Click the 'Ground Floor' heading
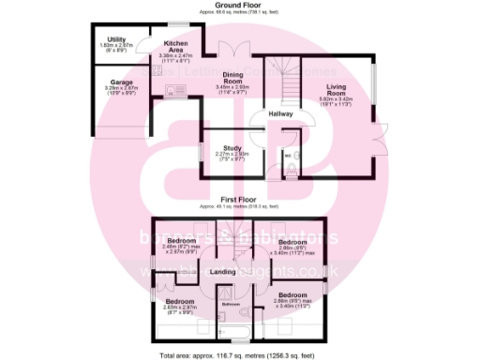click(x=240, y=6)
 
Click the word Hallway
click(x=281, y=113)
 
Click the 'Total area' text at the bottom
click(x=240, y=354)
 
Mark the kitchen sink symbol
click(x=174, y=90)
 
